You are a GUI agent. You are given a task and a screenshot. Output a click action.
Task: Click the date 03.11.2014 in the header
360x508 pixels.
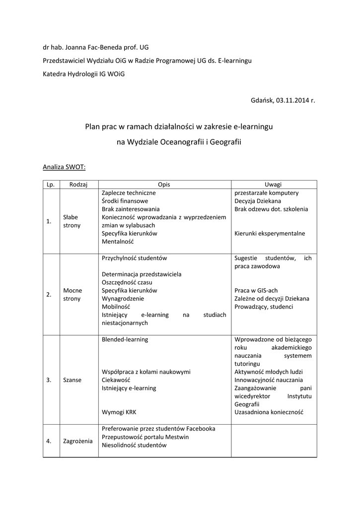click(292, 100)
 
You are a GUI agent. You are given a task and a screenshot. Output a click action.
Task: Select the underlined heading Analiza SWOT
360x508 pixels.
click(64, 167)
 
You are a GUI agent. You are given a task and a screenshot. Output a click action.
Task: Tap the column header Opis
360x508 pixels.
click(164, 185)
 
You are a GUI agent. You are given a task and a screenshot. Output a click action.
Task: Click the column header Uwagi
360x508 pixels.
click(274, 185)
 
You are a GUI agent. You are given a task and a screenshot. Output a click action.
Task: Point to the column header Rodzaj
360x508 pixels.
click(78, 185)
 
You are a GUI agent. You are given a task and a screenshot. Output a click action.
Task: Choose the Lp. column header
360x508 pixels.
click(50, 185)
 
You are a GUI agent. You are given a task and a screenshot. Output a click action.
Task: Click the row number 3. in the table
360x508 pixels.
click(49, 380)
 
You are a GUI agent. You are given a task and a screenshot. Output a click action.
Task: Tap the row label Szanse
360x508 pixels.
click(72, 380)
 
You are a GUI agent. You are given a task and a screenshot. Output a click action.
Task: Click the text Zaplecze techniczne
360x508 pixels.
click(129, 192)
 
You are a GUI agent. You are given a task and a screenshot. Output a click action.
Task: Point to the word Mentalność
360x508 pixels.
click(118, 242)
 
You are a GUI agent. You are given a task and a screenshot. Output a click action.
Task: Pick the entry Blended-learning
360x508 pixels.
click(125, 339)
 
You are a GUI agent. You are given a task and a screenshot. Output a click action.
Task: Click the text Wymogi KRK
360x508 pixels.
click(119, 412)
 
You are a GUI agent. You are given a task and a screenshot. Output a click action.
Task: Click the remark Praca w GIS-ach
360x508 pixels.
click(256, 290)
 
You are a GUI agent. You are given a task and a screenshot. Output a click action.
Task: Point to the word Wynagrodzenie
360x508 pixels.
click(123, 299)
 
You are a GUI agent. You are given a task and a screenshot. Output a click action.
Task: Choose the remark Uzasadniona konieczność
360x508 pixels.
click(269, 412)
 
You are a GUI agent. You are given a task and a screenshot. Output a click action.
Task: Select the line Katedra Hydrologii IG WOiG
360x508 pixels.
click(83, 73)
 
